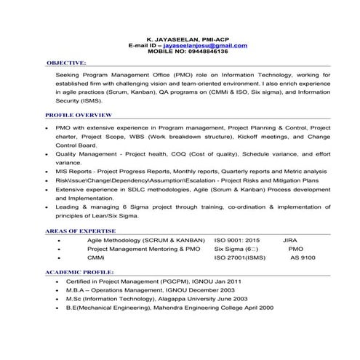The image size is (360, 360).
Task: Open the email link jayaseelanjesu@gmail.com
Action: pyautogui.click(x=205, y=44)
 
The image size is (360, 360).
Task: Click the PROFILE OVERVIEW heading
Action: pyautogui.click(x=78, y=115)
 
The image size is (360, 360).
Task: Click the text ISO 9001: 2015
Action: pyautogui.click(x=237, y=239)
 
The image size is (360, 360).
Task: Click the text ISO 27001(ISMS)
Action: pyautogui.click(x=240, y=257)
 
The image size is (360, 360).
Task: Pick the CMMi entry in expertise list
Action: pyautogui.click(x=95, y=257)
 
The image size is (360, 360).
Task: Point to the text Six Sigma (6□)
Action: pyautogui.click(x=236, y=248)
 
